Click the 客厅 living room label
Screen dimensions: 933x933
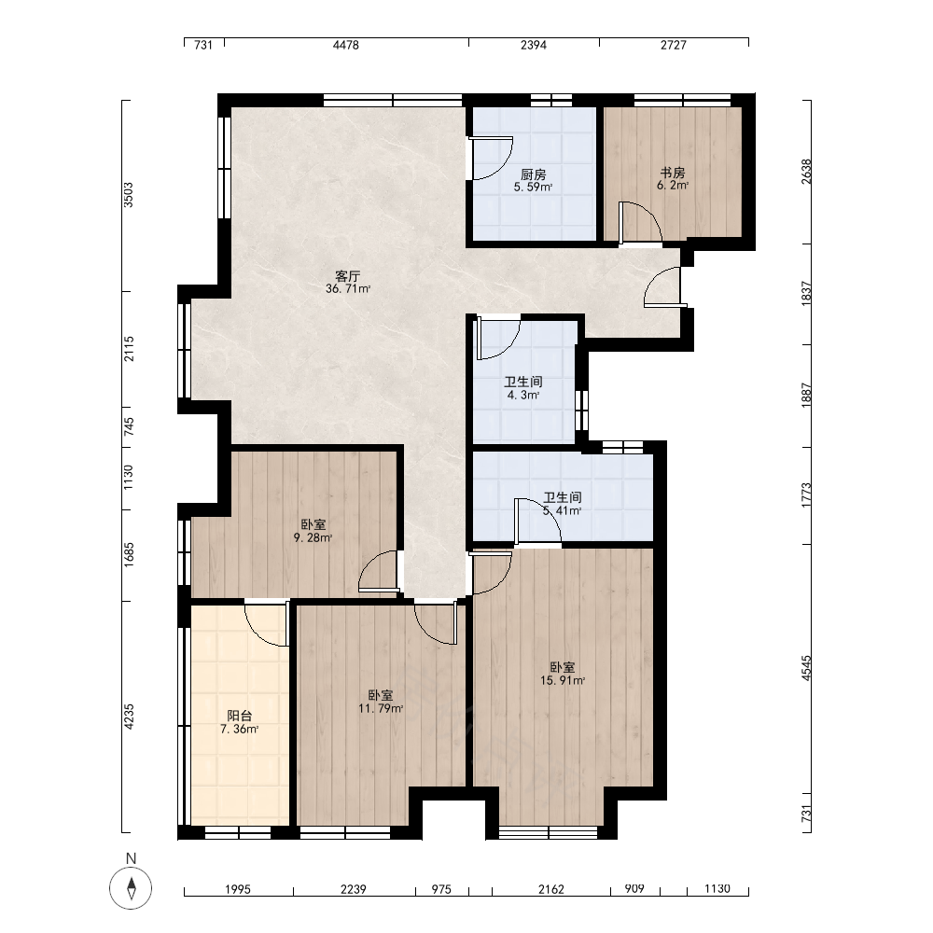[x=347, y=276]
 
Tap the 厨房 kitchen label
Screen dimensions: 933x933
[x=533, y=174]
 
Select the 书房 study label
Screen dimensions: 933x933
[x=673, y=173]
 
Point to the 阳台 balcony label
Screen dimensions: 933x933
[x=239, y=716]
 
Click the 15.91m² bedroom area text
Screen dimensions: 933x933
[x=563, y=681]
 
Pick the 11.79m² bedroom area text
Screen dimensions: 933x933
[x=381, y=709]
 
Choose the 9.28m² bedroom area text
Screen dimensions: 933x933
[x=313, y=538]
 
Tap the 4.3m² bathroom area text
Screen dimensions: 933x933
[x=523, y=395]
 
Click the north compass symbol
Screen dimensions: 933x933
[x=131, y=888]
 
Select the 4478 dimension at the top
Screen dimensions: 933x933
[x=346, y=45]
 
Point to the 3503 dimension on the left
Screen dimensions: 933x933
[x=129, y=195]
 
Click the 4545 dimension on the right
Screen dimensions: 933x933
[x=806, y=668]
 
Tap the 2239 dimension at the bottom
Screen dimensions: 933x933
[x=354, y=889]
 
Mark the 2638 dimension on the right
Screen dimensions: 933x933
[x=806, y=172]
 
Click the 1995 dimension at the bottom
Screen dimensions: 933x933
[x=237, y=889]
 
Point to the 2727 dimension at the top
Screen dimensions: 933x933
[x=674, y=45]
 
